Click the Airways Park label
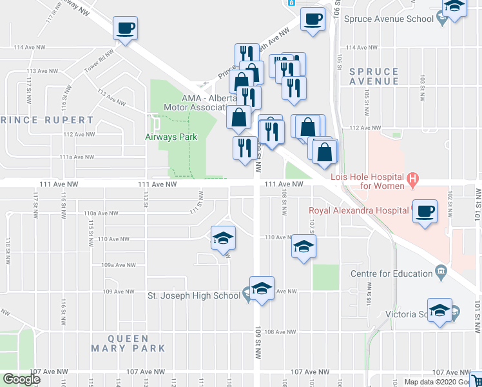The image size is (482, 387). pos(171,137)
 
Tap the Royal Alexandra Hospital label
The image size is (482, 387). pos(359,210)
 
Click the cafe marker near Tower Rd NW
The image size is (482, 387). pos(124,28)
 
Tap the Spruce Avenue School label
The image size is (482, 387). pos(389,19)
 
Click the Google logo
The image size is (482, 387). pos(21,379)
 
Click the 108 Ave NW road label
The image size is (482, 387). pos(280,332)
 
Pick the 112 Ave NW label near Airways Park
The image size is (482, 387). pos(79,134)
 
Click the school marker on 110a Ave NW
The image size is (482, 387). pos(222,238)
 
